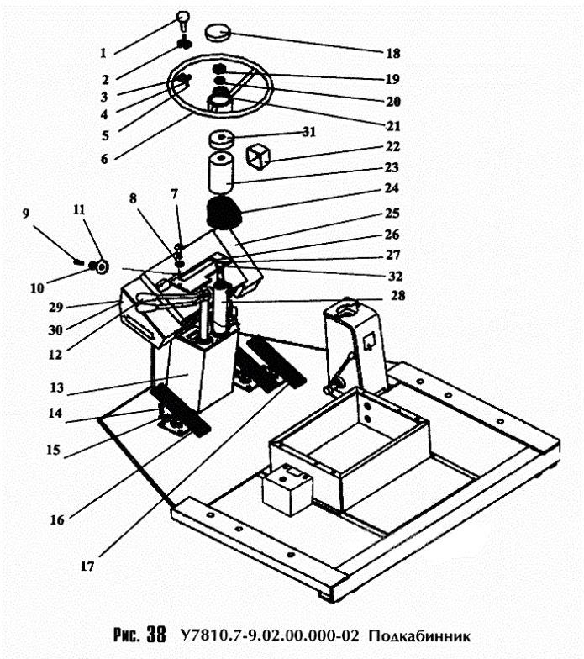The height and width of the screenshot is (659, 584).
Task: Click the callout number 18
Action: click(393, 54)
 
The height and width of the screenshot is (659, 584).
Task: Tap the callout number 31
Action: click(309, 132)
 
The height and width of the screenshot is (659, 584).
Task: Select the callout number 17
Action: click(87, 567)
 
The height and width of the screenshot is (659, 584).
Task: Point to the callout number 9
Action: click(26, 214)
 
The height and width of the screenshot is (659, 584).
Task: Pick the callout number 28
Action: click(398, 296)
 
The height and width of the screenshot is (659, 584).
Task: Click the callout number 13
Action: click(57, 387)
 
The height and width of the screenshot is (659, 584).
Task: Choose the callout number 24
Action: click(392, 188)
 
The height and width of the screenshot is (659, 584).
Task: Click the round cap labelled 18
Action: click(218, 33)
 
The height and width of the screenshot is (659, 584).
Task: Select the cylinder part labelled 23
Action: click(220, 173)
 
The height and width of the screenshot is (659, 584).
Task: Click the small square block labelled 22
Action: click(257, 156)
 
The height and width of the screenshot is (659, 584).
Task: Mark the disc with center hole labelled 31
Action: click(221, 140)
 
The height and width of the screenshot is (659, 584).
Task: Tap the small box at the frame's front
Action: click(287, 488)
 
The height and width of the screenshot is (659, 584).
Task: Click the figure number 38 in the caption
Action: click(156, 635)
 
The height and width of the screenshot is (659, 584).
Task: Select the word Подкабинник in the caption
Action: click(419, 635)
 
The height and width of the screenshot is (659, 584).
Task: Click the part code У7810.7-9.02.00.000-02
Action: click(270, 635)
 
